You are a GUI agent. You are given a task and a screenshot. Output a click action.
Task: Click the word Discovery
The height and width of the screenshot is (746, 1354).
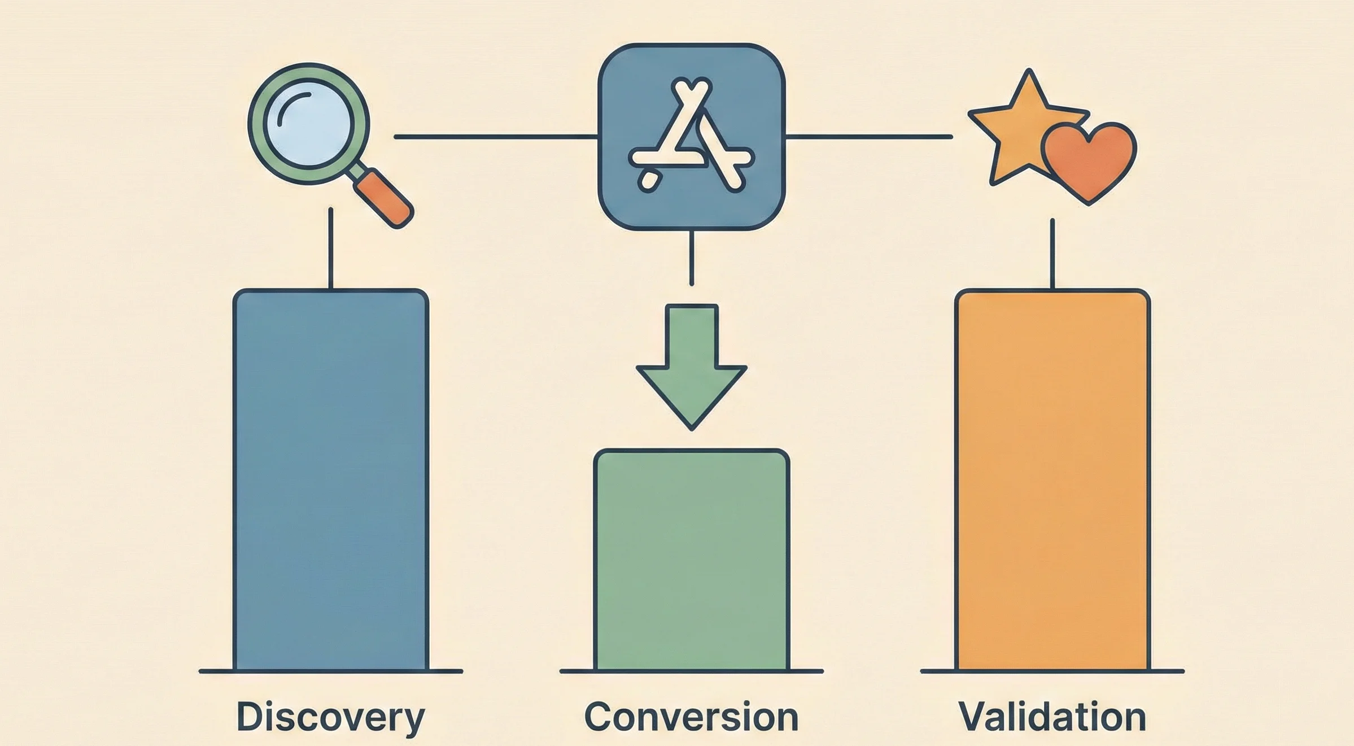330,717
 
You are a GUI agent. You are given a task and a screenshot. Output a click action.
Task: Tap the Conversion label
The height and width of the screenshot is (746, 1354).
691,717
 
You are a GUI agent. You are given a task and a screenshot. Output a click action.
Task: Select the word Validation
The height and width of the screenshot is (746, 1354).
1052,717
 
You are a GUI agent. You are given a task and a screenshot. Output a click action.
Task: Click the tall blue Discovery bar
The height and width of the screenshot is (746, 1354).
331,480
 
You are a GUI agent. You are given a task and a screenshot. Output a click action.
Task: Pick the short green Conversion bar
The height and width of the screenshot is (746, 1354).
691,559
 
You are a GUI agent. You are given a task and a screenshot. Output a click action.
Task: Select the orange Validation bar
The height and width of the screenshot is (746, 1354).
1052,480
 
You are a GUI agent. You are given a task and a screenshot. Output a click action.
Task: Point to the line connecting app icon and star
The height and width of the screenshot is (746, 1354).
870,137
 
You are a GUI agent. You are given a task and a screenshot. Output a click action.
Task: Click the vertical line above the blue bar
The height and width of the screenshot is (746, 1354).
330,248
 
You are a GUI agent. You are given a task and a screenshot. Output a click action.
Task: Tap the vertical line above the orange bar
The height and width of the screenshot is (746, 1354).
1052,254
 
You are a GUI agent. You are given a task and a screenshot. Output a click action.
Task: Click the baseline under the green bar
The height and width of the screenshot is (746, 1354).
691,671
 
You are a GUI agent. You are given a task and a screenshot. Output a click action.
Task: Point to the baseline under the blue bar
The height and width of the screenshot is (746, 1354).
331,671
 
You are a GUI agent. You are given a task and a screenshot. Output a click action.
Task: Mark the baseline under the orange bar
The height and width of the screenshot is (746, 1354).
1052,671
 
